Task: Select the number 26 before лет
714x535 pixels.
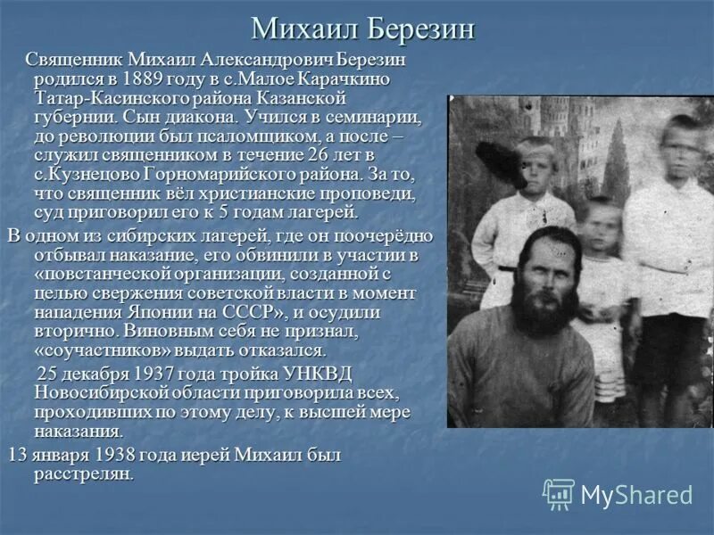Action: pyautogui.click(x=333, y=155)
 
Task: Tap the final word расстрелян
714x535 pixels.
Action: pyautogui.click(x=84, y=473)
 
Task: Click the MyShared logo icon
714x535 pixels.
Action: pyautogui.click(x=559, y=494)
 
